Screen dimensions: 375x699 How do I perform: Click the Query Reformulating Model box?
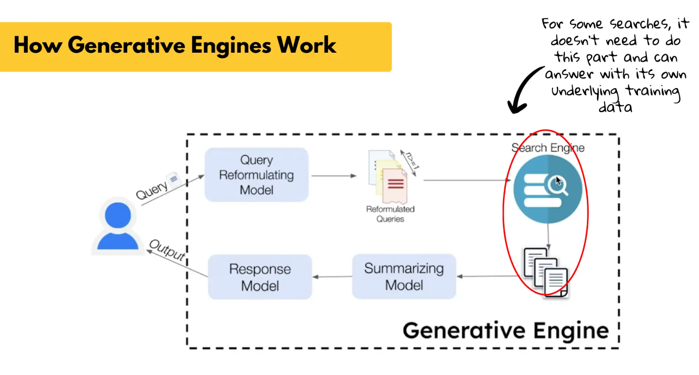pos(256,175)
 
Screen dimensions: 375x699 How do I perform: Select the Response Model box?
pos(260,277)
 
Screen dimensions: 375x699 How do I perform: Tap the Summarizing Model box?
pos(404,276)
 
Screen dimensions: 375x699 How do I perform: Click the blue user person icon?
pos(118,226)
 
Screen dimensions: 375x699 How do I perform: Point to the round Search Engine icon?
pos(547,189)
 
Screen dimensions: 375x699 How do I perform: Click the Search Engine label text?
pos(548,148)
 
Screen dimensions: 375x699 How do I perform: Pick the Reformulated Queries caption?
pos(390,214)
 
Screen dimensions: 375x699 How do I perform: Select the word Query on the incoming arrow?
pos(152,191)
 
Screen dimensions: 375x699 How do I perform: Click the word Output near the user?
pos(167,250)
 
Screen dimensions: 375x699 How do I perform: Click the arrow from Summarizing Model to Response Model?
pos(332,277)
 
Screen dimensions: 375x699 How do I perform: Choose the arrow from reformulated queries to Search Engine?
pos(466,180)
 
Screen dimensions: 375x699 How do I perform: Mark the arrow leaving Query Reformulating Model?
pos(333,176)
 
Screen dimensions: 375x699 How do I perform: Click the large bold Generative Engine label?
pos(505,331)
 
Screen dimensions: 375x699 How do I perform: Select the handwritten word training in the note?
pos(652,91)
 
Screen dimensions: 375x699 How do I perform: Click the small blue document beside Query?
pos(173,179)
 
